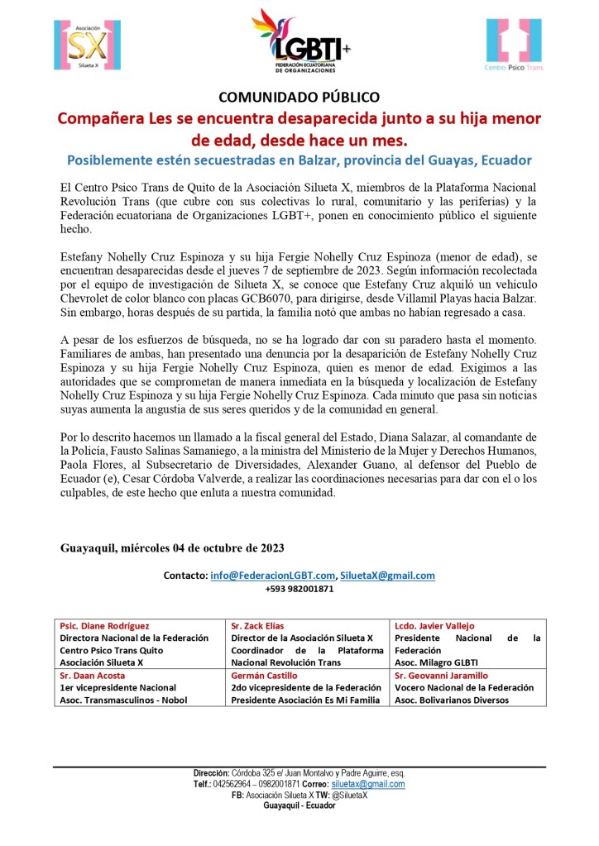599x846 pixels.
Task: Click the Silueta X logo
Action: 80,44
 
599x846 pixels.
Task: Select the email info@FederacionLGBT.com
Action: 273,575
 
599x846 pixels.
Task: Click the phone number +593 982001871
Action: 299,589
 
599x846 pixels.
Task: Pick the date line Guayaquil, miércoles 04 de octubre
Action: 172,547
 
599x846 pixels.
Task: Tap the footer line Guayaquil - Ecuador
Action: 299,805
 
